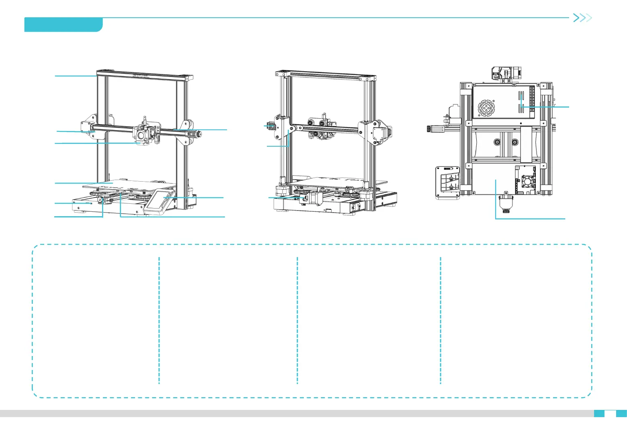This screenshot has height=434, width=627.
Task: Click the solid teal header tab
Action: (63, 25)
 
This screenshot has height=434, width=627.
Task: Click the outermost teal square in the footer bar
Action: (621, 413)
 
